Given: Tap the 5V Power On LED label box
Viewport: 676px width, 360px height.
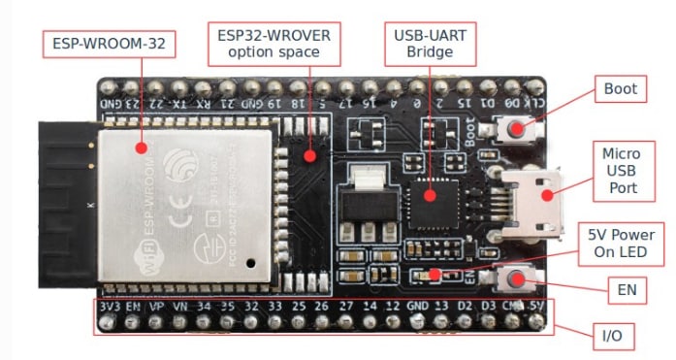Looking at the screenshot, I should (622, 244).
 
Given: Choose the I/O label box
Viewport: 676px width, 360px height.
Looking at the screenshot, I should (612, 336).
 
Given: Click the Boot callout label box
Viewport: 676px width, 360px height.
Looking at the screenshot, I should (620, 89).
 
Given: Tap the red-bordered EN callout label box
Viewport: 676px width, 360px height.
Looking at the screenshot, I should (620, 288).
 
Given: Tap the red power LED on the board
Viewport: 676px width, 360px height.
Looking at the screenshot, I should (434, 274).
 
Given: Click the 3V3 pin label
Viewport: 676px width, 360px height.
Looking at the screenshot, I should (108, 309).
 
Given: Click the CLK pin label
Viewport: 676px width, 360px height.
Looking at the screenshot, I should (534, 100).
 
